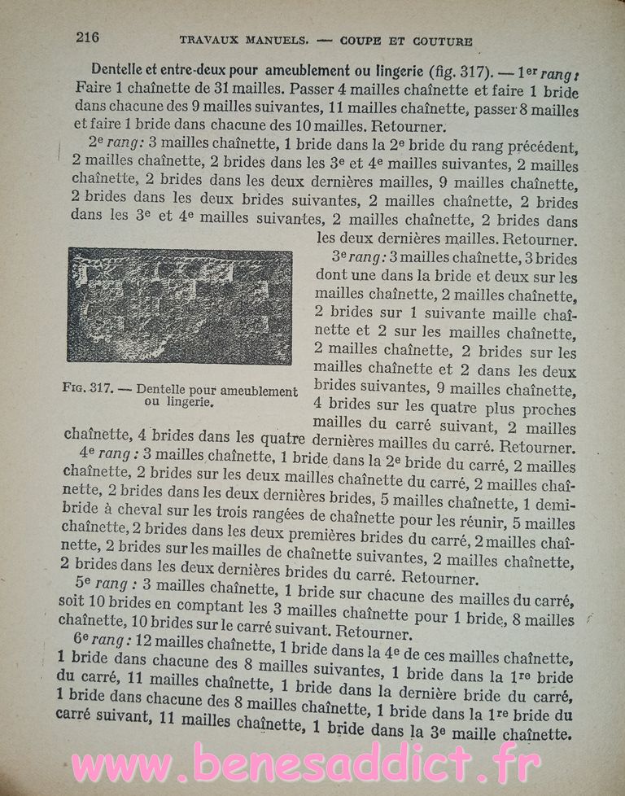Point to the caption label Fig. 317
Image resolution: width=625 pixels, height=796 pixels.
pyautogui.click(x=84, y=390)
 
